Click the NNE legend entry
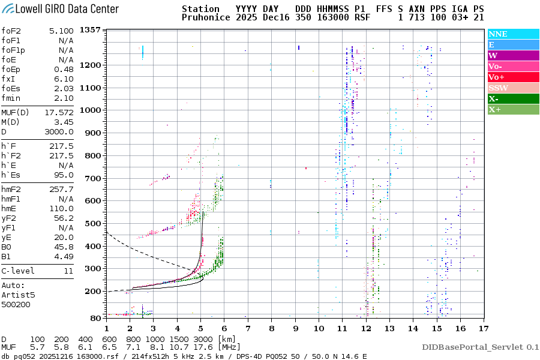(498, 34)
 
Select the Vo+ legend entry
(497, 77)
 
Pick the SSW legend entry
(498, 88)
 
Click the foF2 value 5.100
(62, 31)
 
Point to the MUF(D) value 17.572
(59, 112)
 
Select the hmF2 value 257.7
(62, 189)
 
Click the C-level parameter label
(18, 271)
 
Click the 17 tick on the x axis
(483, 328)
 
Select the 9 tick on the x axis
(295, 328)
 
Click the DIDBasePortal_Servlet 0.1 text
(480, 347)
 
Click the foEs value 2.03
(64, 88)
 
